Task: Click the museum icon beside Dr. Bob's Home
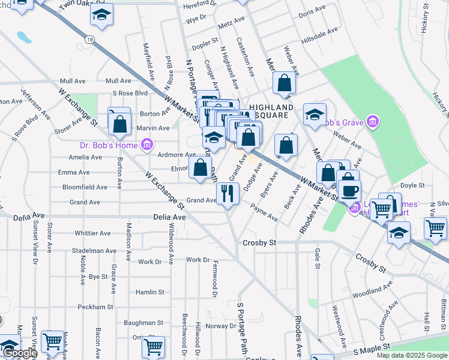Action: [x=146, y=145]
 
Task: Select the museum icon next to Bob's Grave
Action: [x=373, y=122]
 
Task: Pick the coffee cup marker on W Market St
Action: [x=349, y=191]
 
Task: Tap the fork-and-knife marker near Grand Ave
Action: [x=228, y=193]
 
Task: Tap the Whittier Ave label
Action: [x=92, y=233]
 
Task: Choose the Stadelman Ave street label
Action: [x=93, y=250]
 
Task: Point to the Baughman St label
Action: [x=143, y=323]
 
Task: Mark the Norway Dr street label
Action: [x=221, y=326]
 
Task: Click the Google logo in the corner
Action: [x=20, y=353]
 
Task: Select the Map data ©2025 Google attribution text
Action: [x=411, y=355]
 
